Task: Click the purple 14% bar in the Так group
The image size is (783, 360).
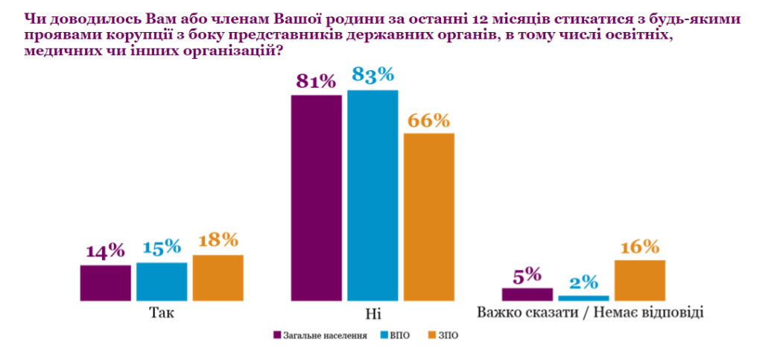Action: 105,282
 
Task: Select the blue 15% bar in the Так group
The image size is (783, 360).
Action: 162,282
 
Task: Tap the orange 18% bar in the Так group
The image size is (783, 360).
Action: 218,277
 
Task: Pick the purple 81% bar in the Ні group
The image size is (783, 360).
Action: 317,198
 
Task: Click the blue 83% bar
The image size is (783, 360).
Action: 373,195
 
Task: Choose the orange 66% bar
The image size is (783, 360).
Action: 429,217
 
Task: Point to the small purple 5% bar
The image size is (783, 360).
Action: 527,294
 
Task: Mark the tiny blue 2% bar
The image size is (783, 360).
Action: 584,298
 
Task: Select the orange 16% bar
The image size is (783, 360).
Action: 640,280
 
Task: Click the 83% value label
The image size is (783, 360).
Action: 373,75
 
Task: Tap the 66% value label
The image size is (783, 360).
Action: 429,120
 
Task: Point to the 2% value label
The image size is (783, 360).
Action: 584,282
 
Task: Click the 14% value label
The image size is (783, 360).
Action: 105,250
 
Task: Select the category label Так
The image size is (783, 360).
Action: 162,313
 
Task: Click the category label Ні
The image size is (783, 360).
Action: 373,314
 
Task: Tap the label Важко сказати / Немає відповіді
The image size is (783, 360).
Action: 590,313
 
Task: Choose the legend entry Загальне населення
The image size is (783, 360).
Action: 321,335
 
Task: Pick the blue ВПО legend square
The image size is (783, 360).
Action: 383,335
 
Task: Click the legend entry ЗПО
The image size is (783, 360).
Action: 443,335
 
